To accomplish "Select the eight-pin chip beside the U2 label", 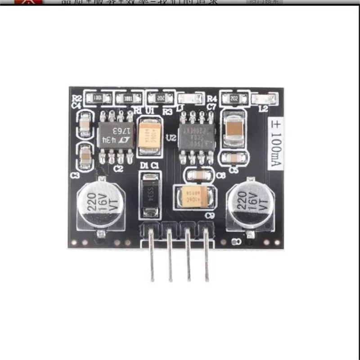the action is (197, 135).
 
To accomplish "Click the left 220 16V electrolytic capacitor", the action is (98, 202).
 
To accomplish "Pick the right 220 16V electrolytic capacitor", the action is (247, 202).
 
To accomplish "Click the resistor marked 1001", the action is (97, 97).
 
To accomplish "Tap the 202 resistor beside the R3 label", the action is (161, 98).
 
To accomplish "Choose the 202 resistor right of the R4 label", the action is (234, 98).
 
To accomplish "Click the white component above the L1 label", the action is (188, 98).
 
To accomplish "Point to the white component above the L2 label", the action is (264, 98).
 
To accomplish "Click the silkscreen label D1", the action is (144, 166).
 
